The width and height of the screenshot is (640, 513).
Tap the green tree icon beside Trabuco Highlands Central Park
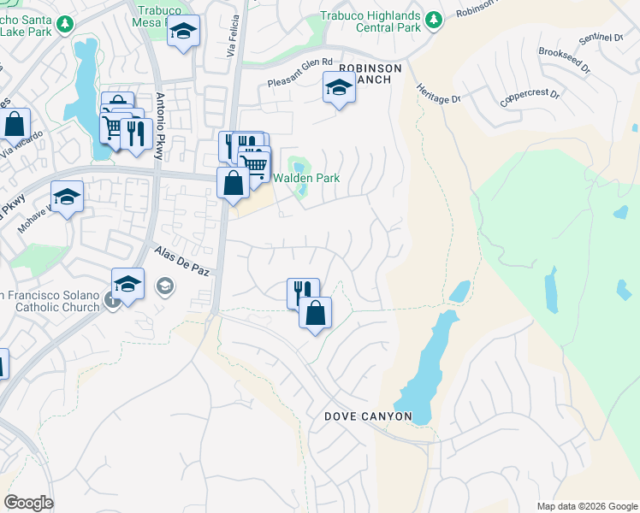point(434,18)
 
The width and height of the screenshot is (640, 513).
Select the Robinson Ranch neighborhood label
point(365,74)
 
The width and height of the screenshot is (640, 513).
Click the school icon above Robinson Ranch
point(339,87)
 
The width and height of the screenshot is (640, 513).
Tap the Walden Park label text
point(306,179)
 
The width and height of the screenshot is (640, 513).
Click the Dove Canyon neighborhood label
point(368,416)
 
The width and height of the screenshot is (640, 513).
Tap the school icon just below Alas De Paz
point(127,284)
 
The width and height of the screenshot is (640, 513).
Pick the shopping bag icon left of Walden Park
point(233,183)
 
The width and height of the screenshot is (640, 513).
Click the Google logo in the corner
point(28,502)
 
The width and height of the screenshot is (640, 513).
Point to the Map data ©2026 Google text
point(586,505)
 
